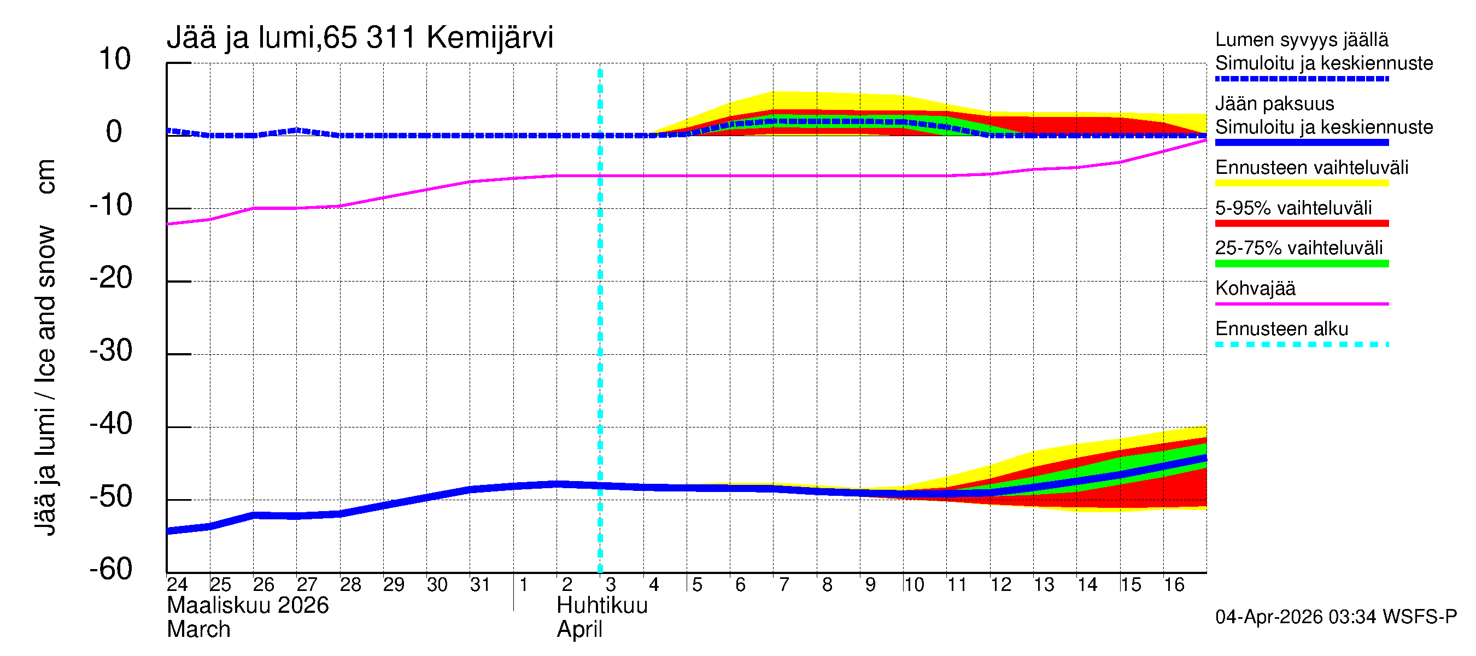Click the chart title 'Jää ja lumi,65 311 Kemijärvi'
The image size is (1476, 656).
(360, 38)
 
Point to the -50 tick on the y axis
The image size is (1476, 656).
(111, 497)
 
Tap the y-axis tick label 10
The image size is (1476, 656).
(115, 60)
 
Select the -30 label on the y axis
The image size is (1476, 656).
(111, 350)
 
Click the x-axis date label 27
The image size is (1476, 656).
(307, 584)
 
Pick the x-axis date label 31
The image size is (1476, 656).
(480, 584)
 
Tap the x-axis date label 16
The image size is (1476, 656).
(1174, 584)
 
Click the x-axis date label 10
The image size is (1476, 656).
(913, 584)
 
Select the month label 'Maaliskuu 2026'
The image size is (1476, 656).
(248, 606)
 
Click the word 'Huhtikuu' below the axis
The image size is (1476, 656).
(602, 606)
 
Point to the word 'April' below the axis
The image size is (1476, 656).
(579, 630)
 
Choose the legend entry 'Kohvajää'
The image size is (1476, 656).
(1255, 288)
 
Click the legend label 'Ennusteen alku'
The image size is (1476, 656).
(1282, 329)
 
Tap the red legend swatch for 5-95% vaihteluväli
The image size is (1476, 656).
(1301, 224)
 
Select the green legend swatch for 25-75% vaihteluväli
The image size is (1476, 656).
(1301, 263)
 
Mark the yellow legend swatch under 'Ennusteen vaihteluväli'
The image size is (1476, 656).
(1301, 183)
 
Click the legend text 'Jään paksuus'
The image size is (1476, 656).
(1274, 104)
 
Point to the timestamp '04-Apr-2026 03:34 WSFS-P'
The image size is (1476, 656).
(1336, 617)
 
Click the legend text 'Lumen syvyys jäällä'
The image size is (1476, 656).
(1301, 40)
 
